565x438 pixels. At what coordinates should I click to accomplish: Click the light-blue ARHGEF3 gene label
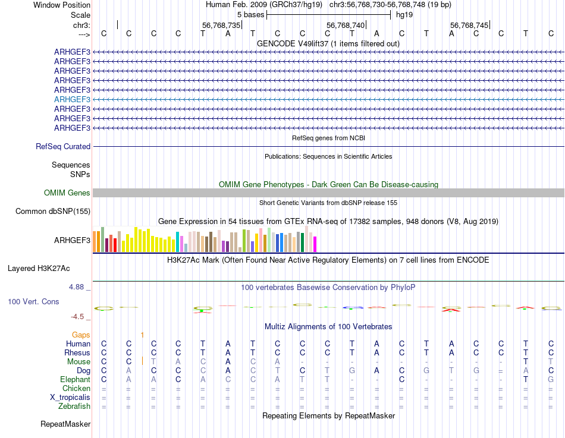click(72, 100)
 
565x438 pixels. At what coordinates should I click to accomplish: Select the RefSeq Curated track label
click(63, 146)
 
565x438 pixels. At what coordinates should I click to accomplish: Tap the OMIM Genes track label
click(67, 193)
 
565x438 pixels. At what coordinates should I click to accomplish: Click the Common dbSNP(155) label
click(53, 211)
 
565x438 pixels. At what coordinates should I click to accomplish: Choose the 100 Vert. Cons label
click(33, 302)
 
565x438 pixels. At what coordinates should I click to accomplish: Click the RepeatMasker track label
click(65, 424)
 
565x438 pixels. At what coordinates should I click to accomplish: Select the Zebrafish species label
click(74, 407)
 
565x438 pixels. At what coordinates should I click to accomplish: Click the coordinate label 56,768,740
click(346, 26)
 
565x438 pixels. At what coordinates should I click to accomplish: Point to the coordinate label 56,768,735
click(221, 26)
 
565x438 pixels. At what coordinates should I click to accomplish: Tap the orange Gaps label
click(81, 335)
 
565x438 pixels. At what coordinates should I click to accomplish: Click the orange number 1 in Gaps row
click(142, 335)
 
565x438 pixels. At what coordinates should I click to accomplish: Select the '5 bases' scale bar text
click(250, 14)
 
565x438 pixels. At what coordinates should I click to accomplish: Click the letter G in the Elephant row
click(551, 379)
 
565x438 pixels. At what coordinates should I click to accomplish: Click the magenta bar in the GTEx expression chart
click(315, 244)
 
